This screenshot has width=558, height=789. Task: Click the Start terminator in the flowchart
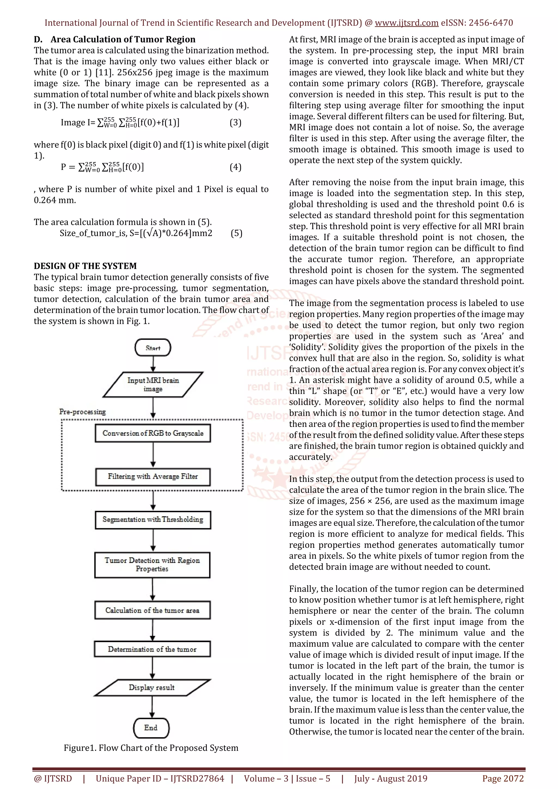tap(153, 347)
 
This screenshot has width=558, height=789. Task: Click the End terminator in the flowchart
tap(151, 727)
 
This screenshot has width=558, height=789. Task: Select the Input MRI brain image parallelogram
tap(153, 384)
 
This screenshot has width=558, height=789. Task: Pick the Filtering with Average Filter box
tap(153, 476)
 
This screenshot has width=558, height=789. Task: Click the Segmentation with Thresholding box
tap(153, 520)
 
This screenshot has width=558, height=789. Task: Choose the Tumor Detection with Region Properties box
tap(152, 565)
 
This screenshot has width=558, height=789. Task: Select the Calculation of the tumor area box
tap(152, 610)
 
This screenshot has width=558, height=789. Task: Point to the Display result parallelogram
tap(152, 687)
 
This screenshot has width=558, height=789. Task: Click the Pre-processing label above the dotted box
tap(83, 412)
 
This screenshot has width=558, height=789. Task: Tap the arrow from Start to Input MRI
tap(153, 364)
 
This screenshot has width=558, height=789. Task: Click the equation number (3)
tap(235, 123)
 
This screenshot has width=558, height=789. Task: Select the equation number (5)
tap(236, 233)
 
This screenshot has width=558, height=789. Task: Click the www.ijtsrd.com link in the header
tap(407, 23)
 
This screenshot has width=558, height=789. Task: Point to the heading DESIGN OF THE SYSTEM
tap(85, 266)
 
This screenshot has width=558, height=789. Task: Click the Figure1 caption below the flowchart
tap(151, 748)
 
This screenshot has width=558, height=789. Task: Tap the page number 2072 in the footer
tap(503, 779)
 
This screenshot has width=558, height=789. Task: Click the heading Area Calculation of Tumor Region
tap(123, 40)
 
